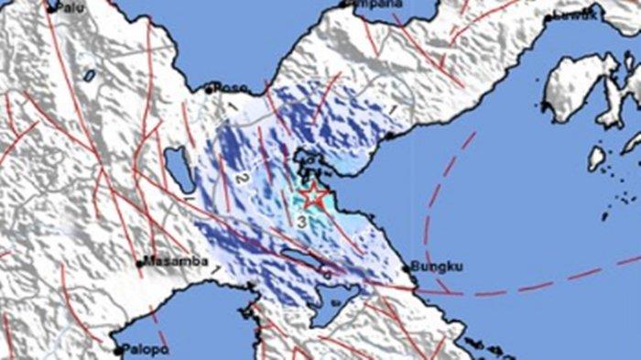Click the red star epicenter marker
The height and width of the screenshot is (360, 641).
[x=313, y=194]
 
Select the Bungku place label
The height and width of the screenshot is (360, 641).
[x=437, y=267]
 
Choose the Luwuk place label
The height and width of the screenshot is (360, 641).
[x=574, y=15]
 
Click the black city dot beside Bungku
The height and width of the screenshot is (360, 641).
[x=407, y=267]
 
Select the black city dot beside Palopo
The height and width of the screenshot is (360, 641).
[x=117, y=349]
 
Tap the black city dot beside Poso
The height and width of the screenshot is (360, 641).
[x=209, y=89]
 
